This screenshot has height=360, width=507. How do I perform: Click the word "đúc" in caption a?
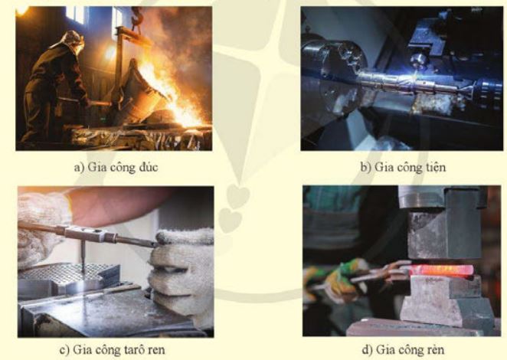(148, 167)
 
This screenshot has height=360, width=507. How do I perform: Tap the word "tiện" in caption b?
(434, 167)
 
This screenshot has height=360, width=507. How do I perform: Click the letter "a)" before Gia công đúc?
(79, 168)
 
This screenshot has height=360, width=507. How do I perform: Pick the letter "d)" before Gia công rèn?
(368, 349)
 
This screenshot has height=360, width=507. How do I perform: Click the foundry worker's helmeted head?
(73, 39)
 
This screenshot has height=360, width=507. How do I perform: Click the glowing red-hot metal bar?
(441, 270)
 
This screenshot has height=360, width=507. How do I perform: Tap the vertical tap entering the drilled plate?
(83, 256)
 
